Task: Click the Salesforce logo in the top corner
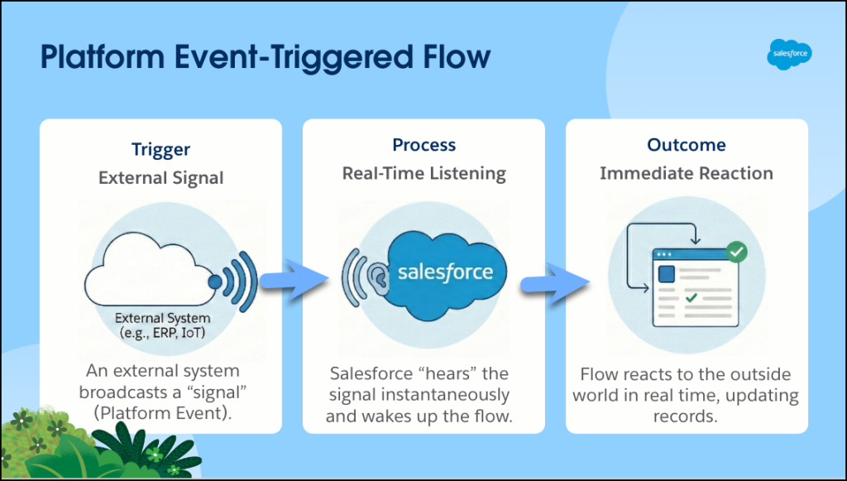tap(789, 55)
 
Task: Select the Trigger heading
tap(160, 150)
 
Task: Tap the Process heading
tap(423, 145)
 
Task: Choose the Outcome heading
tap(686, 145)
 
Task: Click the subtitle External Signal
tap(160, 178)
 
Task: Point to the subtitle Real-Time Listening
tap(423, 173)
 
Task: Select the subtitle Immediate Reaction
tap(686, 173)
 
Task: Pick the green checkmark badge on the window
tap(735, 251)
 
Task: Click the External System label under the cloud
tap(162, 318)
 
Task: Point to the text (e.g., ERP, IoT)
tap(162, 333)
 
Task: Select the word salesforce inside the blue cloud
tap(445, 272)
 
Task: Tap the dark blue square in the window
tap(666, 274)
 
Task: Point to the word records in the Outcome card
tap(686, 416)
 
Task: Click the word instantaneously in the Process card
tap(452, 394)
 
